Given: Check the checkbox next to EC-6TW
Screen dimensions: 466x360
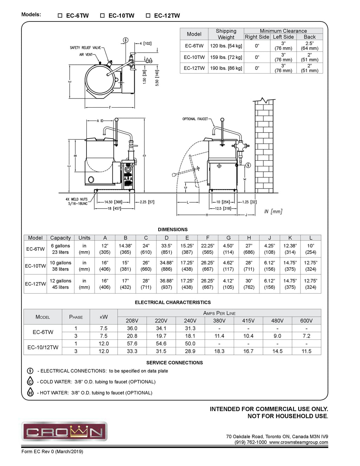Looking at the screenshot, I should tap(60, 15).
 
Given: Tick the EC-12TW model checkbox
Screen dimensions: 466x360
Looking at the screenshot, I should tap(148, 15).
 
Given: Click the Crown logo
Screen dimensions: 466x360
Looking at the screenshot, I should tap(64, 431).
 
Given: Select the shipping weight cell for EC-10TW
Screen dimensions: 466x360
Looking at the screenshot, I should tap(226, 57).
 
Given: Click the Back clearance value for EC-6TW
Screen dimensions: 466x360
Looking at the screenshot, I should tap(309, 46).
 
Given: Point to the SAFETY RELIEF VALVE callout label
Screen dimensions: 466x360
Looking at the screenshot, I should tap(85, 48).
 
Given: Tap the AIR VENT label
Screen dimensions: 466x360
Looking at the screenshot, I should tap(86, 55).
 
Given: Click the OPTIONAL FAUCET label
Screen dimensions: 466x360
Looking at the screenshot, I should tap(195, 119).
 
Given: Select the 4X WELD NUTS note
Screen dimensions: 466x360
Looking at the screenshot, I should tap(77, 202).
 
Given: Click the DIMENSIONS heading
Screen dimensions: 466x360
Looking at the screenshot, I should tap(173, 229).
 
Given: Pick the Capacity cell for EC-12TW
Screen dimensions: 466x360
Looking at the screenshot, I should tap(60, 284).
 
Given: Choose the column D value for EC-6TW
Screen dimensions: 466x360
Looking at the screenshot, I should tap(167, 249).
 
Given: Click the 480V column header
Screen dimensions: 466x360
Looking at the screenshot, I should tap(277, 320).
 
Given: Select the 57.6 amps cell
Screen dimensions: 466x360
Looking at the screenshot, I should tap(132, 344).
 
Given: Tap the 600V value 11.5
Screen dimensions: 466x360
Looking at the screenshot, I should tap(306, 351).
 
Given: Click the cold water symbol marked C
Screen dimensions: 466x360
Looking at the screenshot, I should tap(30, 382).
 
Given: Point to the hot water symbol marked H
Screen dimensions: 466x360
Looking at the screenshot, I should tap(30, 392).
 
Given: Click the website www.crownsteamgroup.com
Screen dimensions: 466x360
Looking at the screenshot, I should tap(298, 442).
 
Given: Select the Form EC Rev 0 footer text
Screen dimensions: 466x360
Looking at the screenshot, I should tap(52, 452).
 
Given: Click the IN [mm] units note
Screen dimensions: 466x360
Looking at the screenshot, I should tap(273, 211).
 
